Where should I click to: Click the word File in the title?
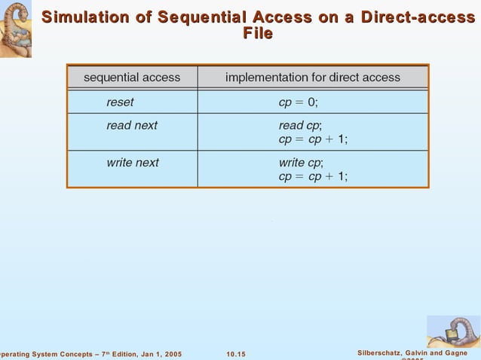coord(258,34)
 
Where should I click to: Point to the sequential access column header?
coord(132,77)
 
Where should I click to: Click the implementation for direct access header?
coord(313,77)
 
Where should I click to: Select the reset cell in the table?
coord(120,102)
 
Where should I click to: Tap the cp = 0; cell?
coord(299,102)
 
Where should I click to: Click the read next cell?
coord(132,126)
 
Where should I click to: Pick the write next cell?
coord(133,162)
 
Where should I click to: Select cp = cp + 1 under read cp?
coord(313,139)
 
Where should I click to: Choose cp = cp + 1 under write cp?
coord(313,176)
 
